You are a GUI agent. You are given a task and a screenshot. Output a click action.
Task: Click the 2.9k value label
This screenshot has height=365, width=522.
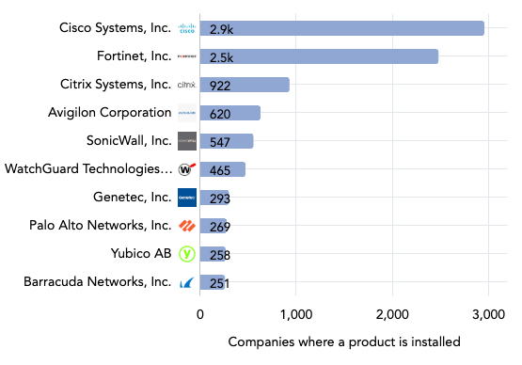222,29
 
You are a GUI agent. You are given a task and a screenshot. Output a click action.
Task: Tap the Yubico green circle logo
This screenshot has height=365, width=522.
187,254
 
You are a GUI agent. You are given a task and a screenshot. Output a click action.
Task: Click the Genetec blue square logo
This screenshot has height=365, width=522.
187,198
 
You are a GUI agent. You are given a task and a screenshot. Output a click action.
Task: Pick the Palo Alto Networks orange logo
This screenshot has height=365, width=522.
187,226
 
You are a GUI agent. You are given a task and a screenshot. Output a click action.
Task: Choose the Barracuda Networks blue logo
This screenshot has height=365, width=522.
187,282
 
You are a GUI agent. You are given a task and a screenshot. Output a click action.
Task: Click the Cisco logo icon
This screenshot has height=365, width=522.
187,28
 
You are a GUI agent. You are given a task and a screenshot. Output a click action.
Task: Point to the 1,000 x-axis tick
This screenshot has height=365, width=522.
296,315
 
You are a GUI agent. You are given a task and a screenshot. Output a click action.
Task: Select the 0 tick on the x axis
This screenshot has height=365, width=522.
200,315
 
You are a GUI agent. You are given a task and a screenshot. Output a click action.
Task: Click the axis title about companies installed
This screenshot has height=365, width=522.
343,341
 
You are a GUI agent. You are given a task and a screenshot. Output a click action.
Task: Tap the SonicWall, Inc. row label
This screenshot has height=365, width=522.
129,141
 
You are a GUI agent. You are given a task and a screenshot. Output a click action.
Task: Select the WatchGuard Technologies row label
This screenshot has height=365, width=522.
88,169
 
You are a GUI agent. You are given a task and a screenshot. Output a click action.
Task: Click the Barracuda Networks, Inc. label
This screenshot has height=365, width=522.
99,282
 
